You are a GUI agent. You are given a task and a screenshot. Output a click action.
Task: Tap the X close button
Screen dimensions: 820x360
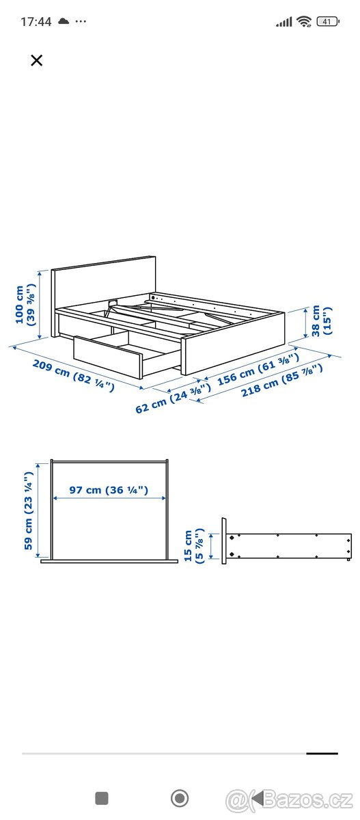click(37, 60)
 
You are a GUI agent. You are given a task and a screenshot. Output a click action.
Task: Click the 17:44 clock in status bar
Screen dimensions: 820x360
click(36, 21)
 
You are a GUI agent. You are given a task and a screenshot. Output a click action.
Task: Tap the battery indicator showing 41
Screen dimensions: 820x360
click(329, 21)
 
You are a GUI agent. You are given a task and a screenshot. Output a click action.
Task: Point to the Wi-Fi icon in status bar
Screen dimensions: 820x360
click(303, 22)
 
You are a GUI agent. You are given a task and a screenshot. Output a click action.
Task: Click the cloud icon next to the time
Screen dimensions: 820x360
click(64, 21)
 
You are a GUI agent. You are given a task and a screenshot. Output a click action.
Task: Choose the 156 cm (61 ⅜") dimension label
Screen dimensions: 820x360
click(257, 372)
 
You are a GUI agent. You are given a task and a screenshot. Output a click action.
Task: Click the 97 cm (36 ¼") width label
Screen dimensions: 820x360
click(109, 489)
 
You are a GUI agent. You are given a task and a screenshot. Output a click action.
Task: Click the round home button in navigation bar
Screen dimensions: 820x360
click(180, 797)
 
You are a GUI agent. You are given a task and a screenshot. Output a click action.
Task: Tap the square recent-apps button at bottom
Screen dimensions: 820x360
click(102, 797)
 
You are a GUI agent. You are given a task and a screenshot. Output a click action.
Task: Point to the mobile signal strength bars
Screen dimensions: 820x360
click(283, 22)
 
